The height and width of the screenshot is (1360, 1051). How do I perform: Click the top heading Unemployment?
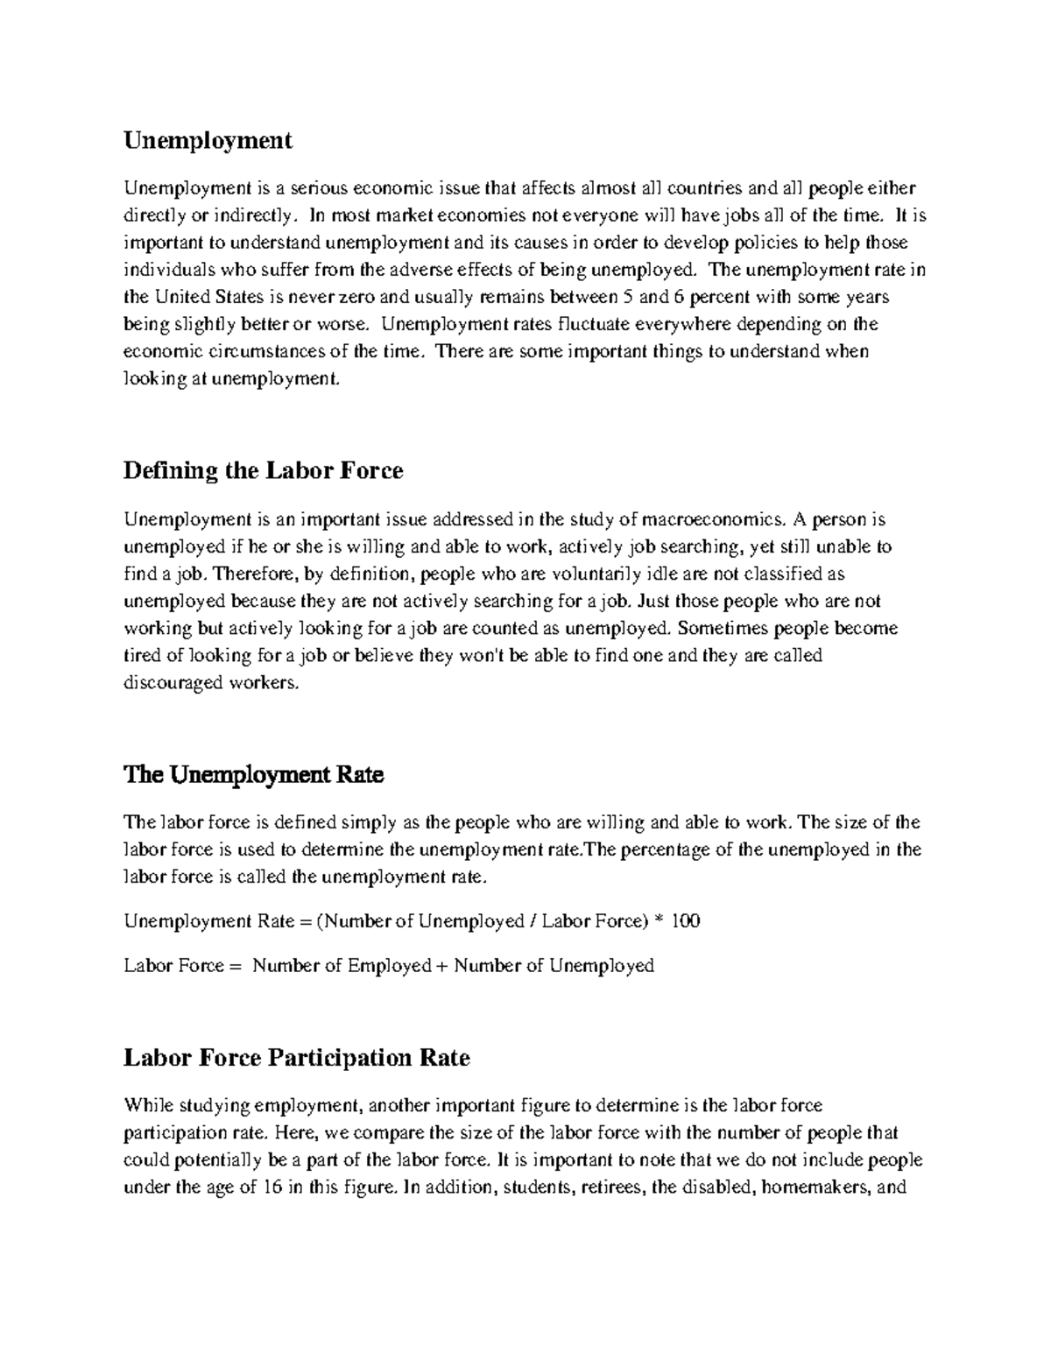point(208,140)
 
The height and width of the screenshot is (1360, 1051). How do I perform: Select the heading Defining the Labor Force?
point(263,471)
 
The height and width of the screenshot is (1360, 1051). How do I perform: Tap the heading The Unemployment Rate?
point(254,775)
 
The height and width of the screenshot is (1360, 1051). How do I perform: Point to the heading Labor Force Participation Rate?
point(297,1058)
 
